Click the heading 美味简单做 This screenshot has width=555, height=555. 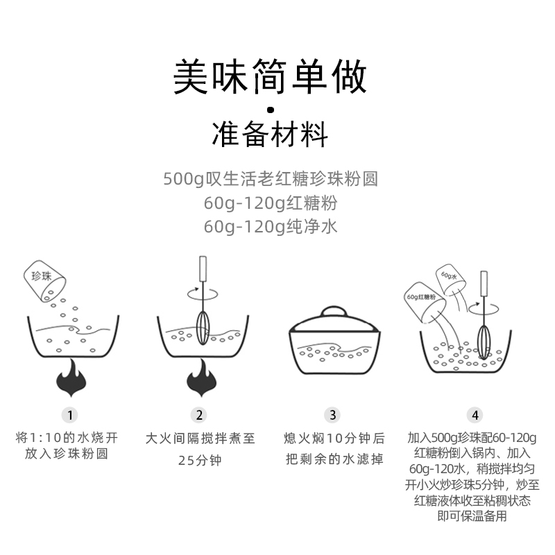[x=271, y=77]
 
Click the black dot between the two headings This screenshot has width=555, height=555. [x=271, y=109]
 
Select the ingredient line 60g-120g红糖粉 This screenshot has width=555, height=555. [x=271, y=203]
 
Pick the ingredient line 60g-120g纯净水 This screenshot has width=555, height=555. [x=271, y=227]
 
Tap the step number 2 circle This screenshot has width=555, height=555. [x=200, y=415]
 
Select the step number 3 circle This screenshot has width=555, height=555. [x=334, y=415]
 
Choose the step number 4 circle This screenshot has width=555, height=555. [x=475, y=415]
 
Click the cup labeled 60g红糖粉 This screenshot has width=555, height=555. [x=425, y=300]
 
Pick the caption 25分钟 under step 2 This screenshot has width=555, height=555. [x=200, y=460]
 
